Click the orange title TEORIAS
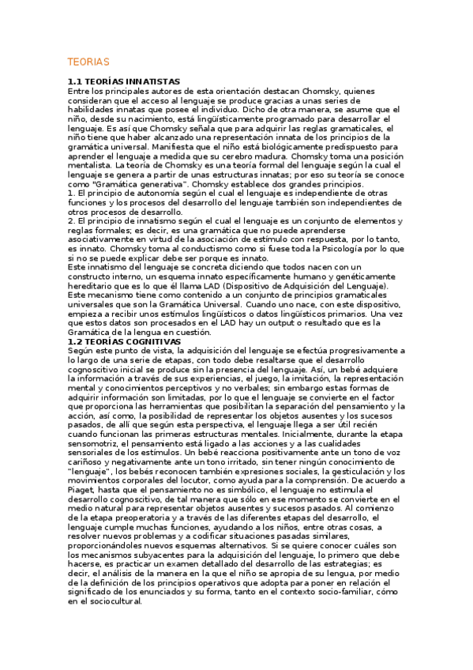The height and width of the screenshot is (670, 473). tap(88, 62)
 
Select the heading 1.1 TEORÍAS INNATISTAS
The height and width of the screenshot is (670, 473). tap(124, 81)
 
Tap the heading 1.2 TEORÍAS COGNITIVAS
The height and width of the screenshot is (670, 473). tap(125, 341)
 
